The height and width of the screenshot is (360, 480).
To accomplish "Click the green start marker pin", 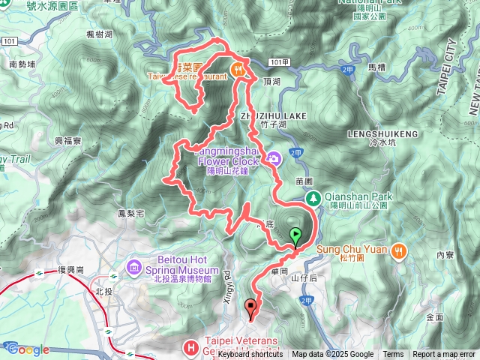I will [296, 235].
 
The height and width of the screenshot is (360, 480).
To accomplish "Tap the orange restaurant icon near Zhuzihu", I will [238, 70].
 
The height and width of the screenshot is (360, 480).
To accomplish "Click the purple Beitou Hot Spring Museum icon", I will [134, 267].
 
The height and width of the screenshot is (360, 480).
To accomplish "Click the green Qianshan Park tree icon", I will [314, 198].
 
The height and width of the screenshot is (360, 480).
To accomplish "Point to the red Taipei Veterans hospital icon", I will [191, 346].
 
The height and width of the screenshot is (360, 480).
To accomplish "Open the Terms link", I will [393, 355].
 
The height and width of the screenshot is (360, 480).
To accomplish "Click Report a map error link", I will [444, 355].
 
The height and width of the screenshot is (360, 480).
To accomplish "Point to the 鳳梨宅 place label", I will [131, 214].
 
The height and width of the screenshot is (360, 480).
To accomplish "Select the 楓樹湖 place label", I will [99, 34].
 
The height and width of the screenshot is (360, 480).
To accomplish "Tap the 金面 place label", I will [434, 317].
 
